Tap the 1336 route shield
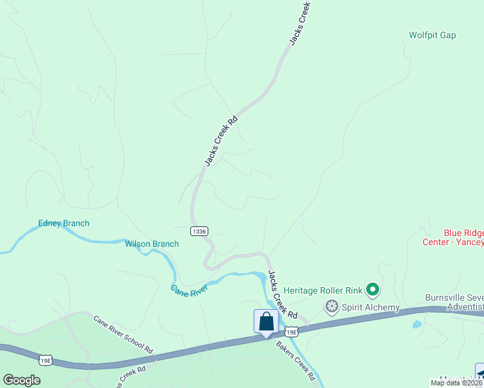[x=199, y=231]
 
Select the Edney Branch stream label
[x=63, y=224]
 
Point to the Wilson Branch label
[x=151, y=244]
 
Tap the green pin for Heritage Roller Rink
[x=372, y=289]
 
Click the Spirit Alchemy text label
[x=371, y=307]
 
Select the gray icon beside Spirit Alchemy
[x=332, y=306]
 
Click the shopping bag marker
[x=266, y=322]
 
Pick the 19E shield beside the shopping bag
[x=292, y=332]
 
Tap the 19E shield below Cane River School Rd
[x=45, y=360]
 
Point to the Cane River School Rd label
[x=123, y=334]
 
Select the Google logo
[x=21, y=380]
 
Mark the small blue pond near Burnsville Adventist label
[x=416, y=324]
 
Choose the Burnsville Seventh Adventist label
[x=454, y=302]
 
